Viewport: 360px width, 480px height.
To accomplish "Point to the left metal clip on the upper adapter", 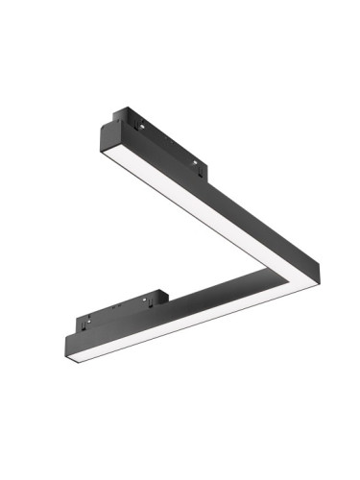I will pos(142,126).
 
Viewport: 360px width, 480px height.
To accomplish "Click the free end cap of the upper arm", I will pos(108,135).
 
